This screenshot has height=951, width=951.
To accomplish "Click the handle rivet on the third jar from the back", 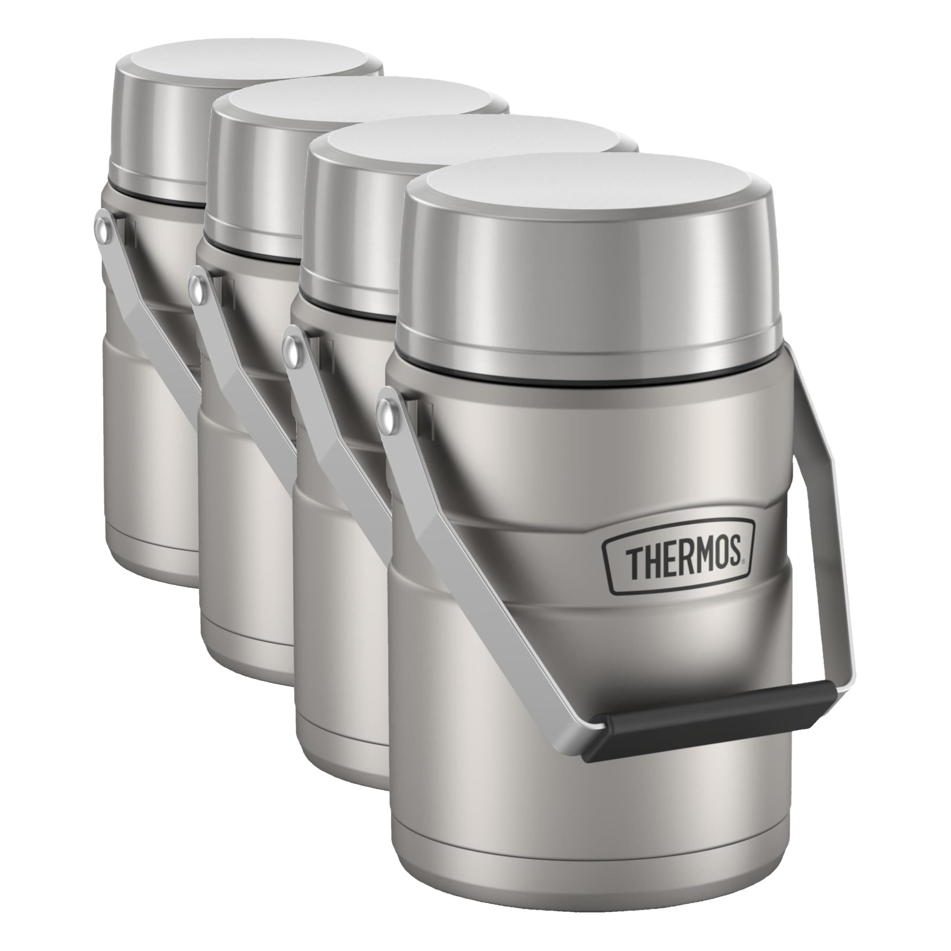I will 293,347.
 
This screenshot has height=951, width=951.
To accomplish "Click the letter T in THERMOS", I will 633,563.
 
